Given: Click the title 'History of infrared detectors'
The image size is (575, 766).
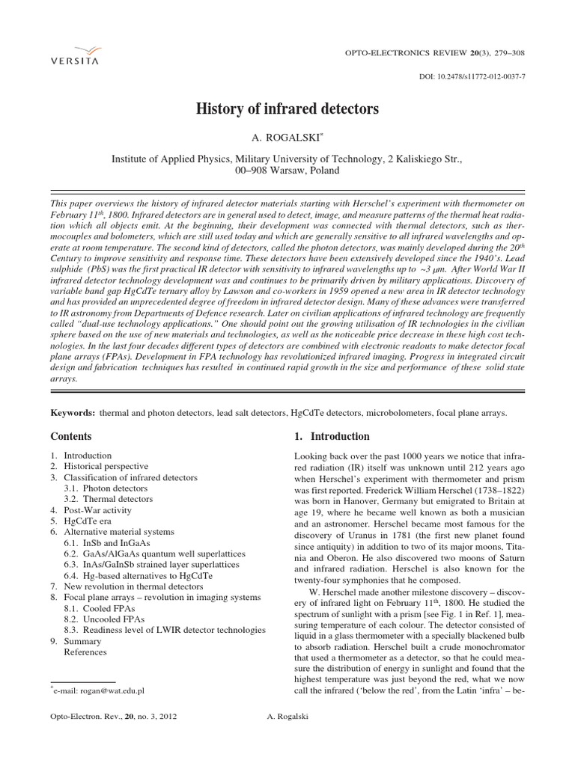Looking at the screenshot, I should coord(287,109).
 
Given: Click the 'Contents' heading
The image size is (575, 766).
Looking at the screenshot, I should coord(70,436).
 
